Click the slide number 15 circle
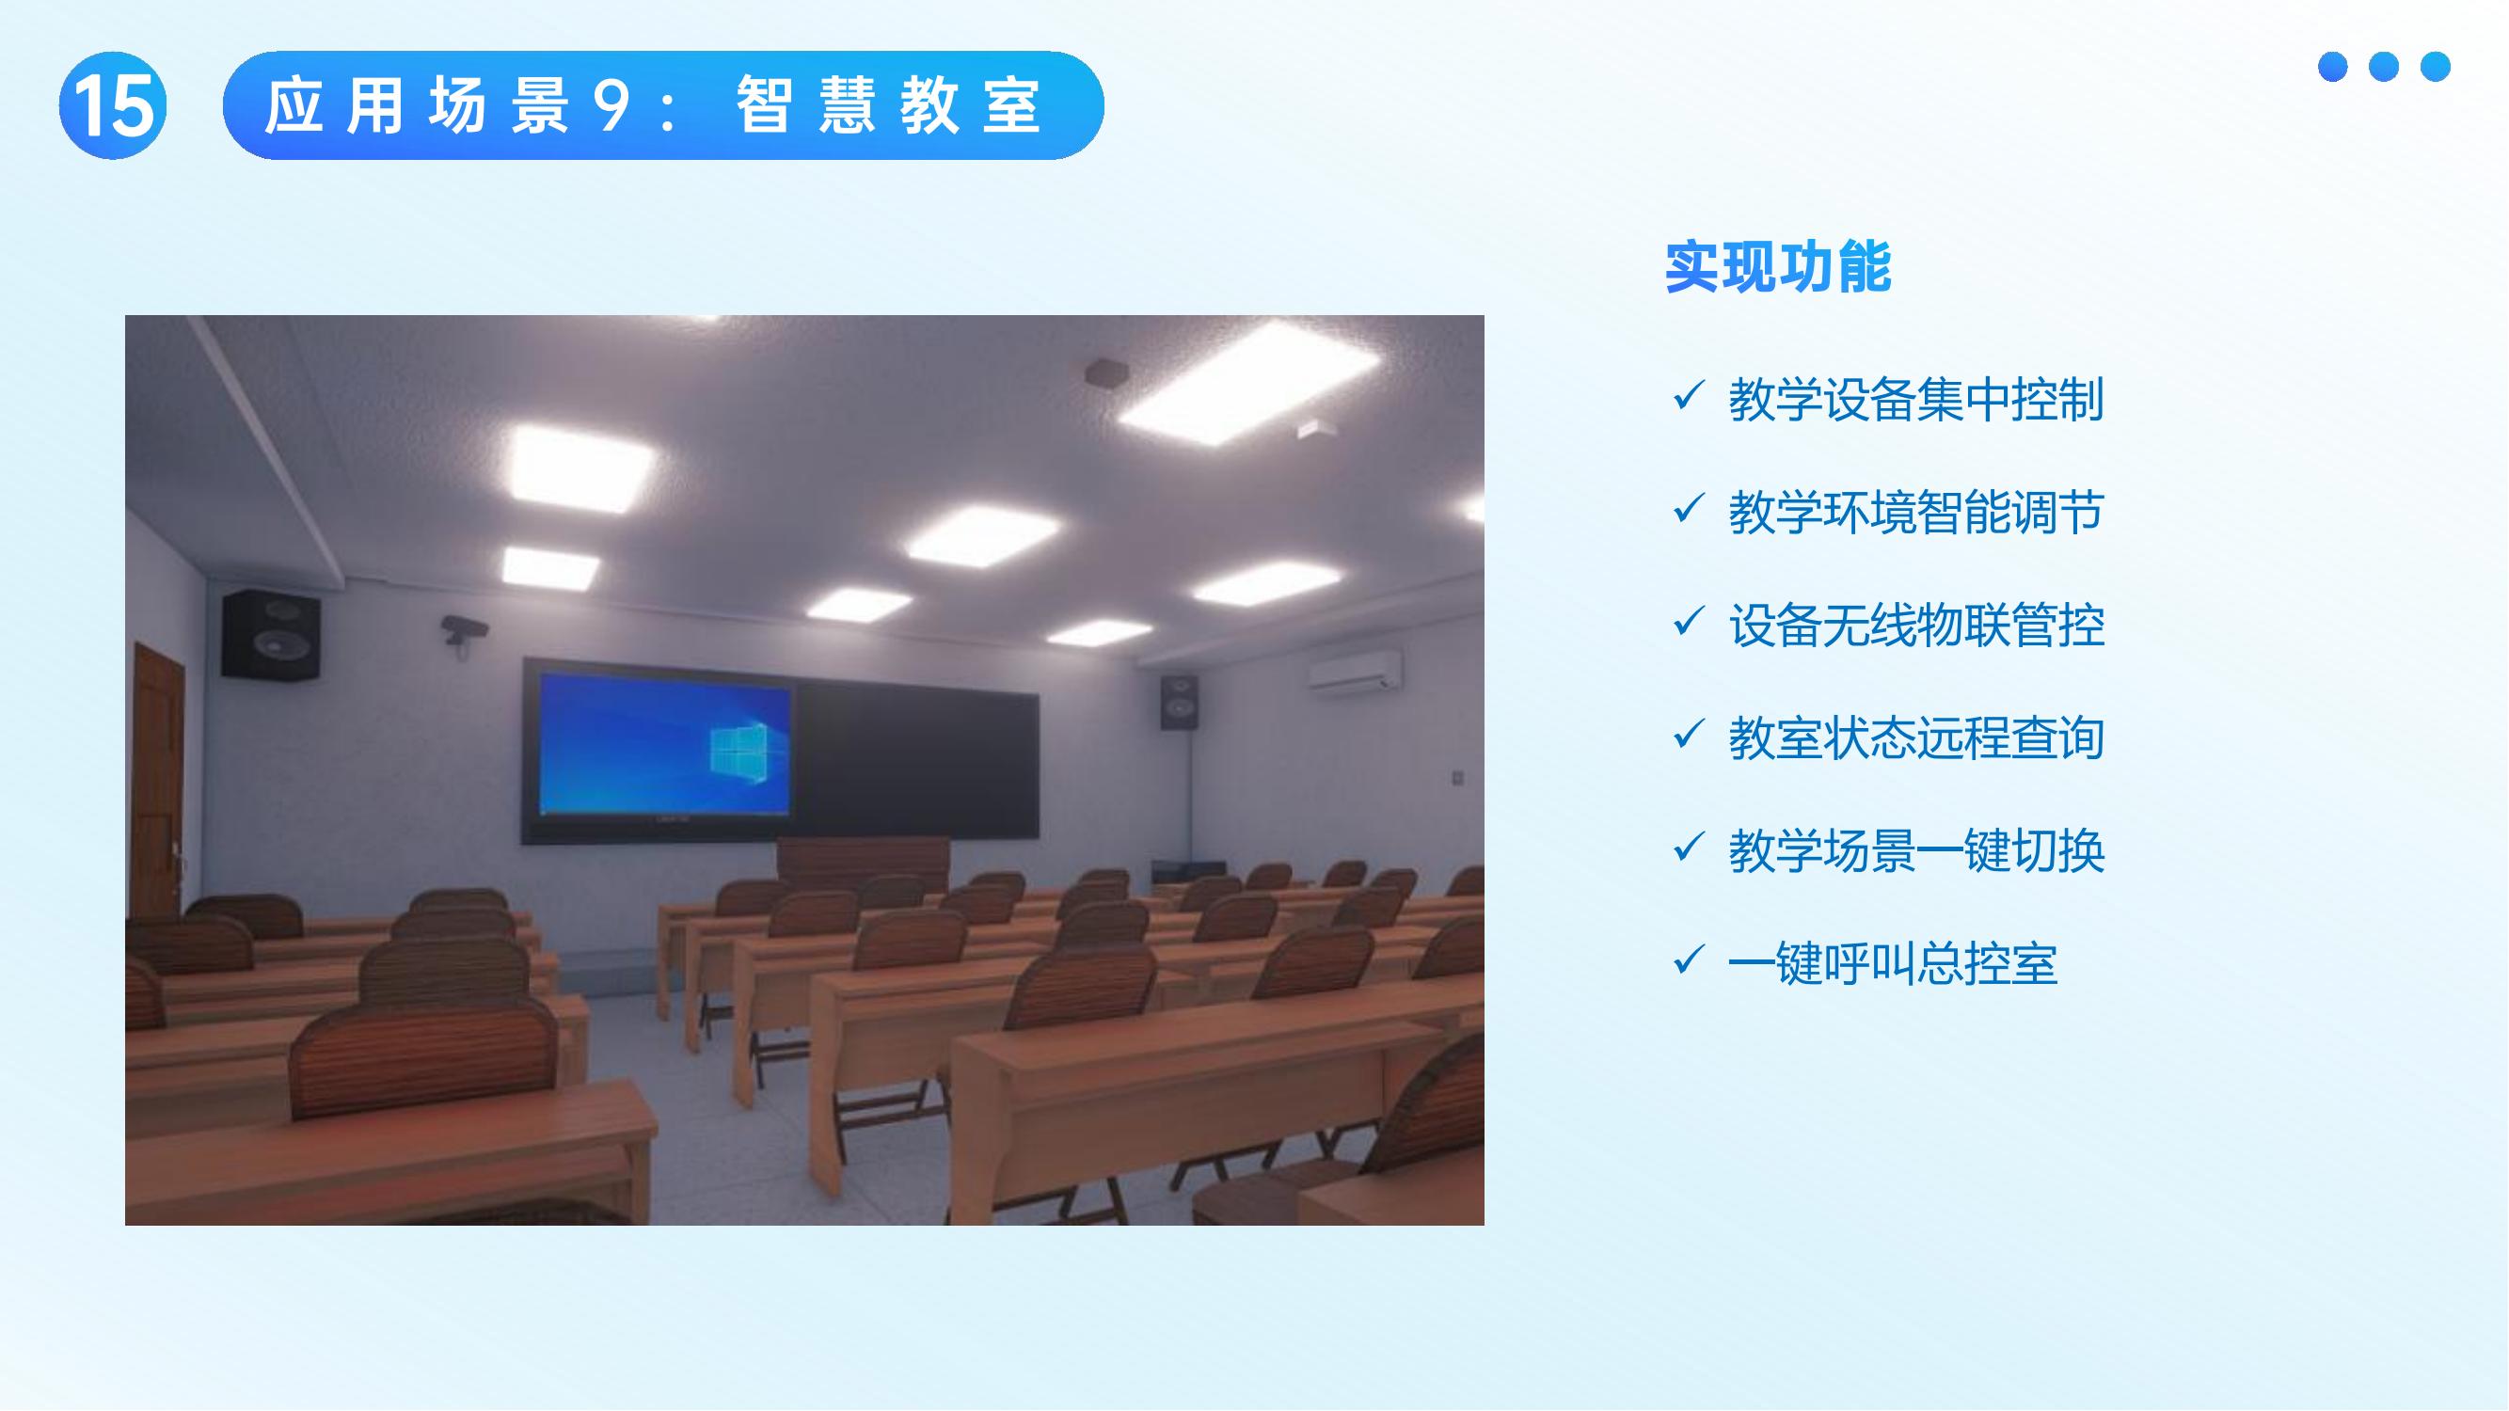click(112, 105)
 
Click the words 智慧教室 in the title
click(887, 105)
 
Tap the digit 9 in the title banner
click(611, 105)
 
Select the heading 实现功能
click(1777, 267)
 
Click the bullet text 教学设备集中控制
click(1915, 399)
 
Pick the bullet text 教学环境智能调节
click(1915, 513)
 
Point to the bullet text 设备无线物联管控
click(1915, 626)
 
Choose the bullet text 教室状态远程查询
click(1915, 738)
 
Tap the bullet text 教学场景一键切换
click(1915, 851)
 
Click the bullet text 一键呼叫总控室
click(1893, 964)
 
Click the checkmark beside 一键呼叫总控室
click(1687, 960)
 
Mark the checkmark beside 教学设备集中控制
click(1687, 395)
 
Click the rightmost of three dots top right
click(2435, 66)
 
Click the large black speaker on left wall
click(270, 634)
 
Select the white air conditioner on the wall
click(1354, 671)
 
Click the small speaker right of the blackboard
click(1179, 702)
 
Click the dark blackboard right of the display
click(915, 759)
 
